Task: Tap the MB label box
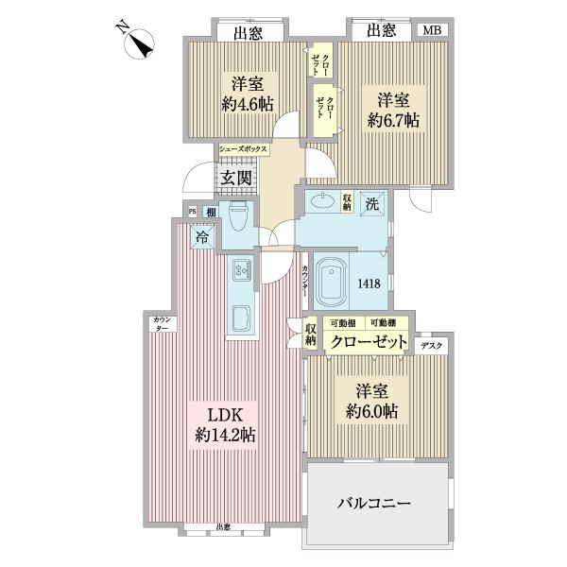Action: click(431, 31)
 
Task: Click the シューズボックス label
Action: click(244, 149)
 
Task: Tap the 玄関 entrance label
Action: click(235, 178)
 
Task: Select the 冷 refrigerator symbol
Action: click(202, 237)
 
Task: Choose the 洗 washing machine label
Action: click(373, 201)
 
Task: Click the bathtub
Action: click(332, 281)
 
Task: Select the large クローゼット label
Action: click(367, 341)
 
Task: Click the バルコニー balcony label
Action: click(374, 504)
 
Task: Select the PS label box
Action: click(192, 212)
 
